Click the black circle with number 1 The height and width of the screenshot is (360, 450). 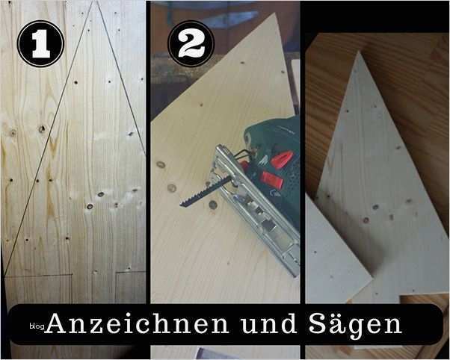coord(40,43)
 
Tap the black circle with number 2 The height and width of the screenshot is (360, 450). coord(191,43)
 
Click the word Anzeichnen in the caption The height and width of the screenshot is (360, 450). coord(138,324)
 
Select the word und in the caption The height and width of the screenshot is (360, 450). coord(268,324)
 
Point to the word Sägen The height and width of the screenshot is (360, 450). coord(355,326)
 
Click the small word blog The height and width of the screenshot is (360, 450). coord(37,326)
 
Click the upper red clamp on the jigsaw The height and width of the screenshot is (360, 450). coord(282,160)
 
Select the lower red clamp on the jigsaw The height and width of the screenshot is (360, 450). coord(271,180)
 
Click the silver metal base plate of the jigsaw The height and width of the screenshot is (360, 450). coord(256,209)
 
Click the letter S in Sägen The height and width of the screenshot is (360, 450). coord(318,324)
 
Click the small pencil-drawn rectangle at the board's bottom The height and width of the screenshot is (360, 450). coord(131,287)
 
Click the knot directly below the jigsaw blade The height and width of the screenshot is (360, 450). coord(213,205)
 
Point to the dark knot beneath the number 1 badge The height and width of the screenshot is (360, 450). coord(42,128)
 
